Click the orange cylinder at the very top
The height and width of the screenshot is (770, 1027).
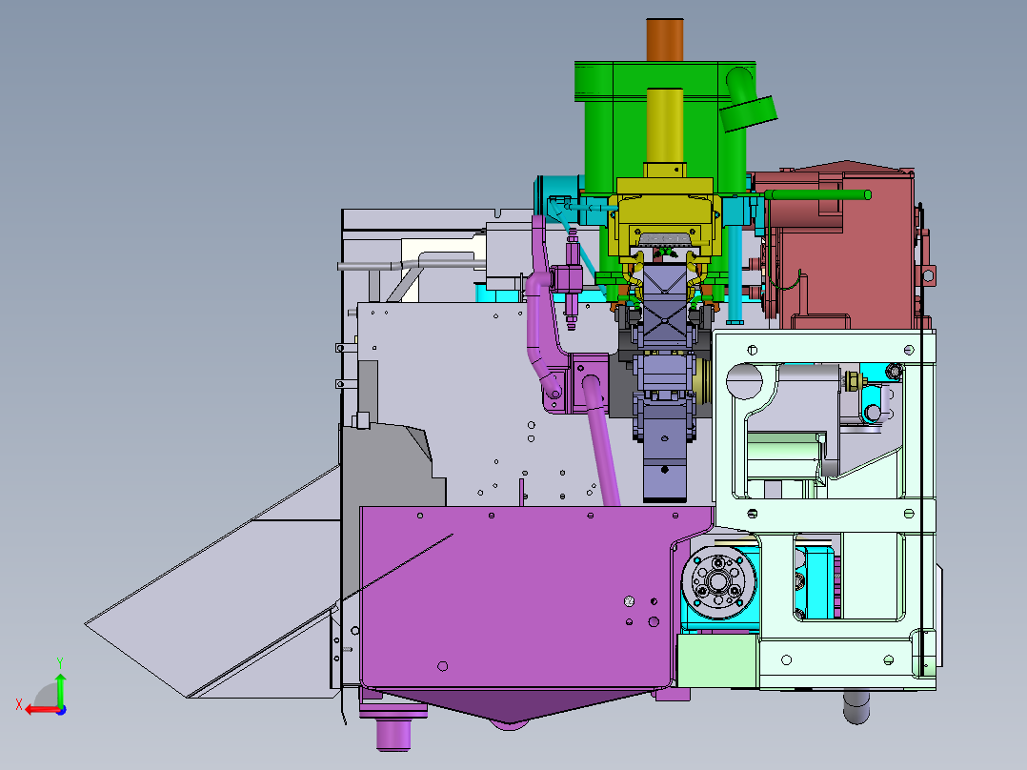click(x=665, y=39)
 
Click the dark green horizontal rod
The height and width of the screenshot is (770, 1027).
click(x=819, y=195)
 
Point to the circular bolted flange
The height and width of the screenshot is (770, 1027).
click(x=719, y=584)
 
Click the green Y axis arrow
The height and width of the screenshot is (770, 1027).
click(x=60, y=685)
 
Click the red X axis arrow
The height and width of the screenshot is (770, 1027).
click(x=38, y=709)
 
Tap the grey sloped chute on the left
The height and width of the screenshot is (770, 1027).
click(x=210, y=610)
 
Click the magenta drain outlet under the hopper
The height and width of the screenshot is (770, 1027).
click(x=393, y=733)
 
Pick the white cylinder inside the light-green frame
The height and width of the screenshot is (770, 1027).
click(x=785, y=455)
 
